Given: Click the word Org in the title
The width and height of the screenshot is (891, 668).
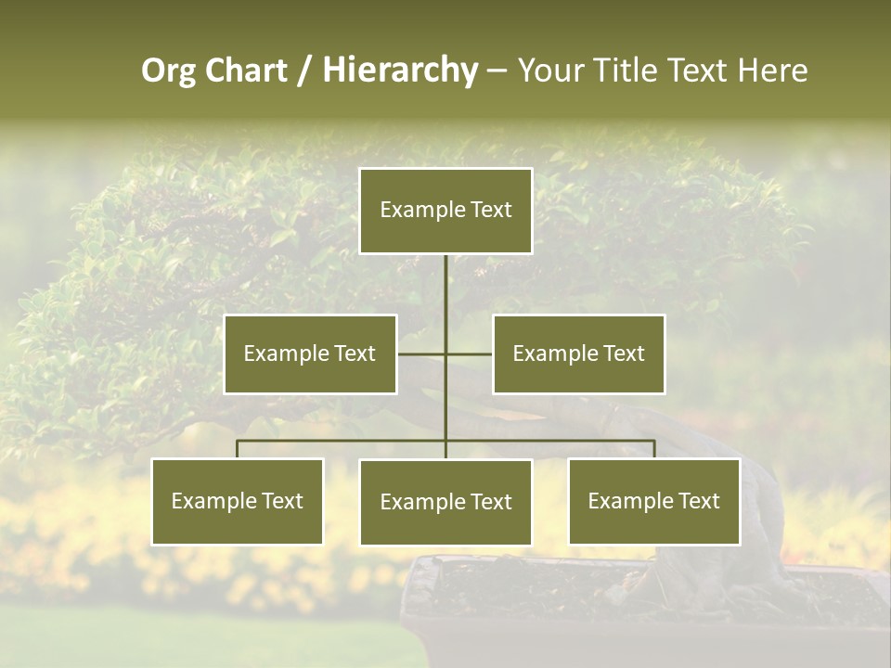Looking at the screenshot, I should point(168,71).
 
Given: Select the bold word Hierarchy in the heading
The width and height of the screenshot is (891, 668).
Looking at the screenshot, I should point(400,71).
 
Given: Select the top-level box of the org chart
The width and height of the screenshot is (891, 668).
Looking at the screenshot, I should point(445,211).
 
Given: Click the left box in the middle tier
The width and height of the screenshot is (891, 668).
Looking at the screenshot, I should point(310,353).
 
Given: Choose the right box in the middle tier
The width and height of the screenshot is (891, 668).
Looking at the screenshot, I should point(578,353).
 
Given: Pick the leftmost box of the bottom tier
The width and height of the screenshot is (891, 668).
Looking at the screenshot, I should point(237,501).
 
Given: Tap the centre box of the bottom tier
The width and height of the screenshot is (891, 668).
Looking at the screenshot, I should point(445,502).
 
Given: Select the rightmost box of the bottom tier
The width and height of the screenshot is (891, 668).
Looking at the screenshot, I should point(653,501).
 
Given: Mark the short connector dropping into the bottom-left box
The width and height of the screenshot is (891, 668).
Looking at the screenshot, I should point(237,449).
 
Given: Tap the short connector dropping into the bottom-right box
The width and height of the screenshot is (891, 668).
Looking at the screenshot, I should point(654,449).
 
